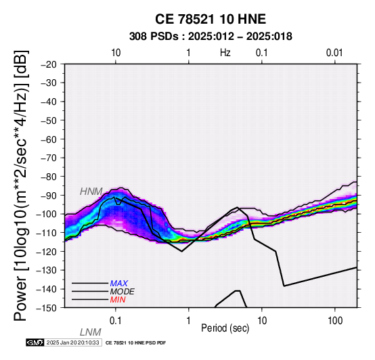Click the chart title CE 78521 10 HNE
[211, 19]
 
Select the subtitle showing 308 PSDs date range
[211, 37]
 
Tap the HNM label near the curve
[91, 192]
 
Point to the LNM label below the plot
[91, 332]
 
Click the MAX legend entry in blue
[119, 284]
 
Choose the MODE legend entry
[123, 292]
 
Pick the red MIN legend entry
[118, 300]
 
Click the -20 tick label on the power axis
[49, 64]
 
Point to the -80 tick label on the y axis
[49, 177]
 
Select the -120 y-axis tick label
[47, 252]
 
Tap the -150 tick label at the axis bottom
[47, 308]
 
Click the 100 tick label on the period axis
[335, 321]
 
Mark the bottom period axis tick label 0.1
[116, 321]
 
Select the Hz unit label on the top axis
[225, 53]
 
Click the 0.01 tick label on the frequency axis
[334, 53]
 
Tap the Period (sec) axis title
[225, 328]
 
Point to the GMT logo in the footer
[35, 342]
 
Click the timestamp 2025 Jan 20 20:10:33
[73, 342]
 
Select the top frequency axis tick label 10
[116, 53]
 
